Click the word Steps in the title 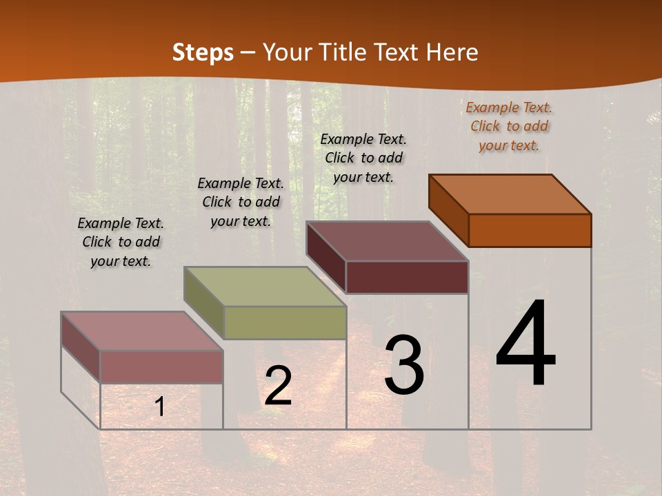[203, 52]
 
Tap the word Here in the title [452, 52]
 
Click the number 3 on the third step [403, 365]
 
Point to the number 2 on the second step [278, 386]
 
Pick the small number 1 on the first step [160, 407]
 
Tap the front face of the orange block [530, 230]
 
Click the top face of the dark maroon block [388, 241]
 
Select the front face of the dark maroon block [407, 277]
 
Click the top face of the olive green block [265, 287]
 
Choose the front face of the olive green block [285, 322]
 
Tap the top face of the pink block [142, 331]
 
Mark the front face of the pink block [161, 366]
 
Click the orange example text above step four [509, 126]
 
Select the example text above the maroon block [363, 158]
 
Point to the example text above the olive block [241, 202]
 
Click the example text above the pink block [121, 242]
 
